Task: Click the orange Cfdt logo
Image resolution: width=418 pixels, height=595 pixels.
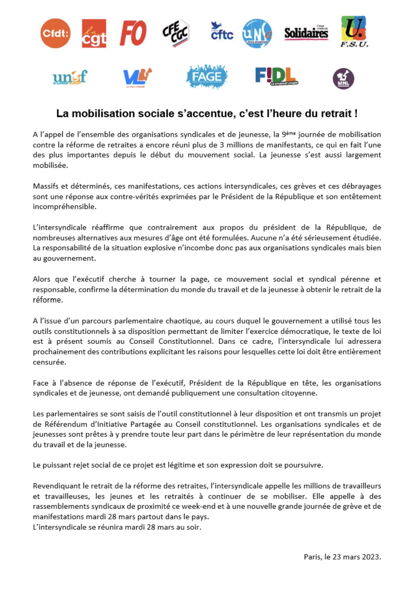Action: [55, 33]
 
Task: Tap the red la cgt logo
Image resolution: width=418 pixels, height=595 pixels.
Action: [94, 34]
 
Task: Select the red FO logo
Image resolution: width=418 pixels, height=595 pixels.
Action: [133, 33]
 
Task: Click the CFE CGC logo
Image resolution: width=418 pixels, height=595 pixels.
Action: [176, 33]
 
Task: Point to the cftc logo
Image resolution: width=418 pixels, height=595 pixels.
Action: [222, 32]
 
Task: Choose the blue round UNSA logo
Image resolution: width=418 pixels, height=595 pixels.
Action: [257, 33]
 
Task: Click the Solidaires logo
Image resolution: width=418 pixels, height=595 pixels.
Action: [306, 33]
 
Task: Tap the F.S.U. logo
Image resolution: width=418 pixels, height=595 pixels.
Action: [354, 32]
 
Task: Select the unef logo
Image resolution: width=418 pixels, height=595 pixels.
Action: [70, 77]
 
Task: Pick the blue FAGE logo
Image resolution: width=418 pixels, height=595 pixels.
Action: [207, 77]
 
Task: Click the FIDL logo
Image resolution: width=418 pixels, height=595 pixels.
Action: [276, 76]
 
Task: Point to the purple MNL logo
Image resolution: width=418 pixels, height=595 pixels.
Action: [343, 79]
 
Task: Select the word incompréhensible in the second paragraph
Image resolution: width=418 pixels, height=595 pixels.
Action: [64, 207]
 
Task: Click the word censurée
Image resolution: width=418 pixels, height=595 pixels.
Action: [49, 362]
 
